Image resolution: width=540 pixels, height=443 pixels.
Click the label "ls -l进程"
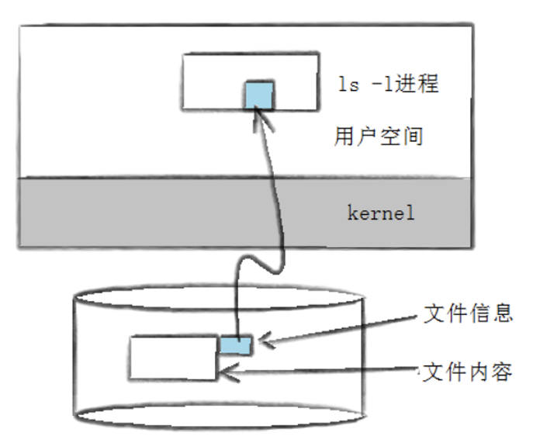point(389,83)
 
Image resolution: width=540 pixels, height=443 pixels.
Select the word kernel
point(380,212)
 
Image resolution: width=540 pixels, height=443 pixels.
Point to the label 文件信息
point(468,313)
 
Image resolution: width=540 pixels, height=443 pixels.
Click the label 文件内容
point(468,372)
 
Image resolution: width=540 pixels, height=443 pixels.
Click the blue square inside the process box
point(259,94)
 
